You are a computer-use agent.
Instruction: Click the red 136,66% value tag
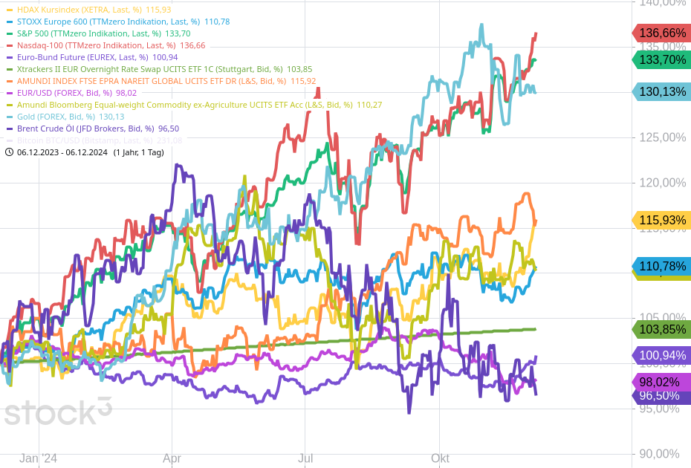(661, 33)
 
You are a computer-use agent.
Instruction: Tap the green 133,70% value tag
(661, 60)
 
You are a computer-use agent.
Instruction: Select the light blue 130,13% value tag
(661, 92)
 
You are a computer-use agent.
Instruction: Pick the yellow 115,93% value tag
(661, 220)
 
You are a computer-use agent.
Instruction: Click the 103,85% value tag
(661, 329)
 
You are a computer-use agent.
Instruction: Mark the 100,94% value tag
(661, 356)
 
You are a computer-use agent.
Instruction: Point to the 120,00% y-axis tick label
(662, 183)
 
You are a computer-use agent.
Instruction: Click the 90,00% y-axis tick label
(662, 454)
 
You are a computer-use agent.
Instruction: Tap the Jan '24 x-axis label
(38, 458)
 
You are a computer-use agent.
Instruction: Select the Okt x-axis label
(440, 458)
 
